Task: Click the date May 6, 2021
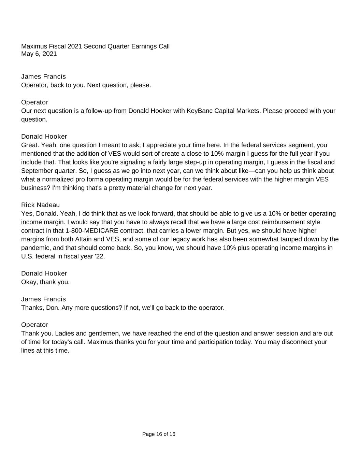pos(39,54)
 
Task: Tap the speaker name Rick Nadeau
pos(40,205)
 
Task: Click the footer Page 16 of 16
pos(159,434)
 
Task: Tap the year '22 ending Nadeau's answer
pos(100,256)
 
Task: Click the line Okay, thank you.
pos(45,282)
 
